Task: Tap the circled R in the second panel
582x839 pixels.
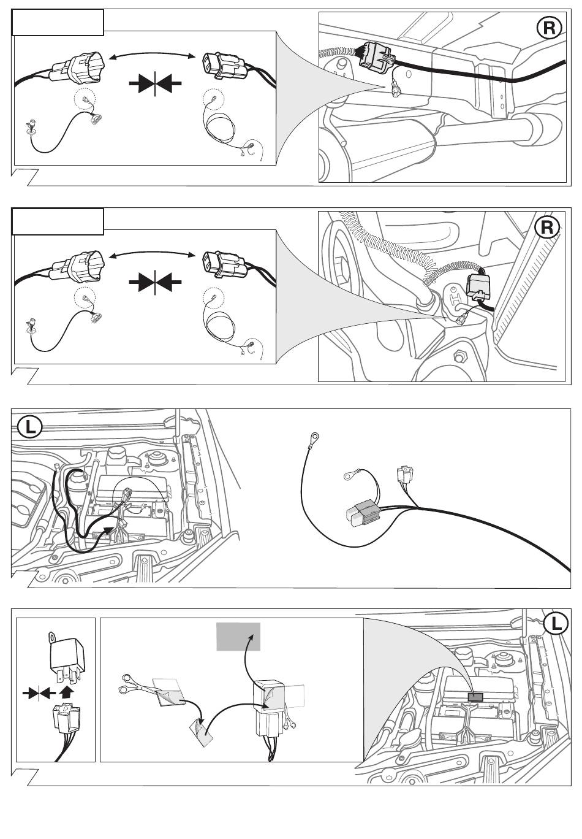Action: point(547,228)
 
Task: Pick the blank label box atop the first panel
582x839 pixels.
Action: point(58,23)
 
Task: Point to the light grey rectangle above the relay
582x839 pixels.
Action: point(238,636)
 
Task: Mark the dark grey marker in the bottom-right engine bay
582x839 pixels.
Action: point(475,697)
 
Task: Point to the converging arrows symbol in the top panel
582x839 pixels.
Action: point(156,82)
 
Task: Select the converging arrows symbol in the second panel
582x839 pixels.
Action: point(156,282)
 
